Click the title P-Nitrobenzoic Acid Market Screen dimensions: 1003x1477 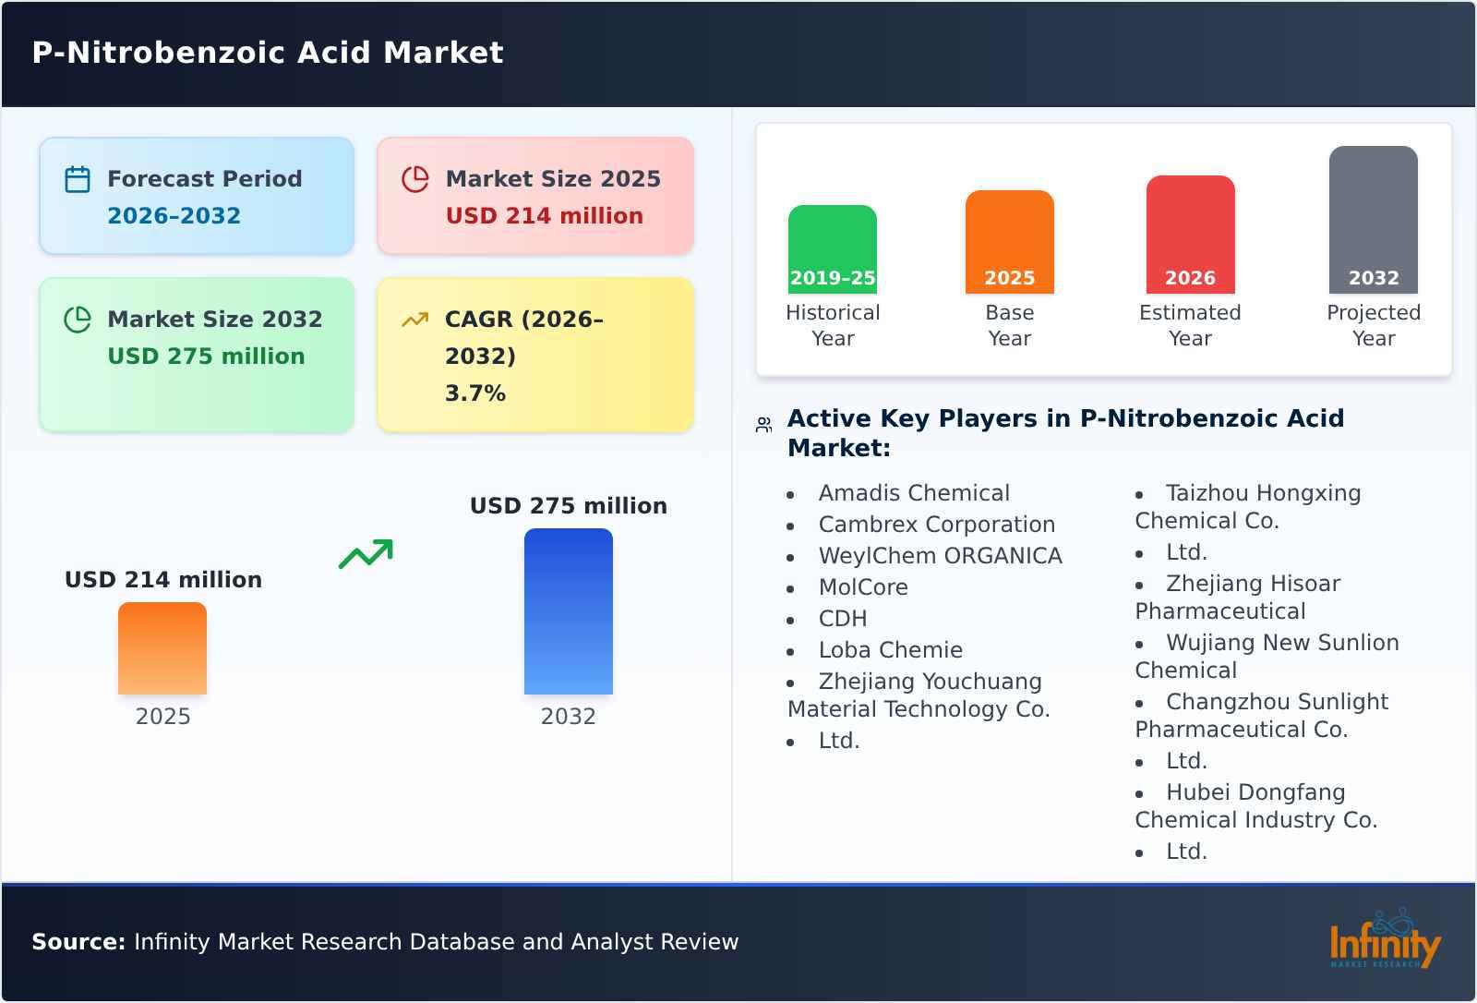(268, 53)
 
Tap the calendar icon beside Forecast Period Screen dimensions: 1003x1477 (78, 179)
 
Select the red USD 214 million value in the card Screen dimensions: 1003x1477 (544, 215)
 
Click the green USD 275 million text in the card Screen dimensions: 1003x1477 (206, 356)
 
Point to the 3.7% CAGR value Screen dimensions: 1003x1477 (474, 393)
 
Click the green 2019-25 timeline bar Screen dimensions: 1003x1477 (832, 249)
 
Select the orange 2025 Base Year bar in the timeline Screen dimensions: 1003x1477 (1009, 242)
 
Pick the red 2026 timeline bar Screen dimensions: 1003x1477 (1190, 235)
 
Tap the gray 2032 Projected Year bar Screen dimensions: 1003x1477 (1373, 220)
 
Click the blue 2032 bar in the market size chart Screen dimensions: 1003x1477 (568, 611)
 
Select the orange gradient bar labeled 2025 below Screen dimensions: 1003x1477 (162, 648)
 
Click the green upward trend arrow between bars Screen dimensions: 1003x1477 (366, 553)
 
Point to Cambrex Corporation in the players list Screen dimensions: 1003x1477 (936, 525)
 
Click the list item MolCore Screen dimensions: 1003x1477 (863, 587)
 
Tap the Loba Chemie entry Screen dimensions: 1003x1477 (890, 650)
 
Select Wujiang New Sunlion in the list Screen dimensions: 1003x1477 (1281, 643)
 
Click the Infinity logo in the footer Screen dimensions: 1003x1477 (1384, 941)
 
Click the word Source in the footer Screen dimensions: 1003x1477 (78, 942)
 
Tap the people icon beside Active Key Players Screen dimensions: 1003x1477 (763, 425)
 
